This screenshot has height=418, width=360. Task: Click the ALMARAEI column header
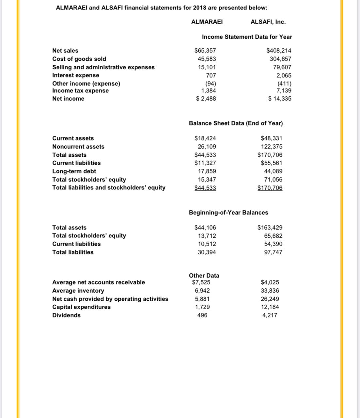click(207, 22)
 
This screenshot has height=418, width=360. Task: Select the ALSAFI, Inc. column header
click(268, 22)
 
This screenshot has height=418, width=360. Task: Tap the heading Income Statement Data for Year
click(247, 37)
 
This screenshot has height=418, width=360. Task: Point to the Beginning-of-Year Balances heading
click(228, 213)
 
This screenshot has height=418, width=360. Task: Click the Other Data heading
click(204, 276)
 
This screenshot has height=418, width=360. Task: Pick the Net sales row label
click(65, 51)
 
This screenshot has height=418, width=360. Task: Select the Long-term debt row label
click(74, 171)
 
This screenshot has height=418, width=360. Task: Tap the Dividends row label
click(66, 315)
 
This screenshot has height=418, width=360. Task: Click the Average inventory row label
click(78, 291)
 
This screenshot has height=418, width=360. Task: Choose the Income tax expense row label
click(81, 91)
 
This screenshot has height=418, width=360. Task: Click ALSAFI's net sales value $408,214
click(279, 51)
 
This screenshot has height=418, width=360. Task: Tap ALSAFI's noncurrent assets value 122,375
click(272, 147)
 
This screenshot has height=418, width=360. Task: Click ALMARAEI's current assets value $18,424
click(205, 138)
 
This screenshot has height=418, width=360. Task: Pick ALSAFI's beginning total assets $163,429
click(270, 228)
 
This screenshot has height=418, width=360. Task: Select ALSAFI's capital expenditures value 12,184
click(270, 307)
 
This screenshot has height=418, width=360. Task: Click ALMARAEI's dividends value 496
click(202, 315)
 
